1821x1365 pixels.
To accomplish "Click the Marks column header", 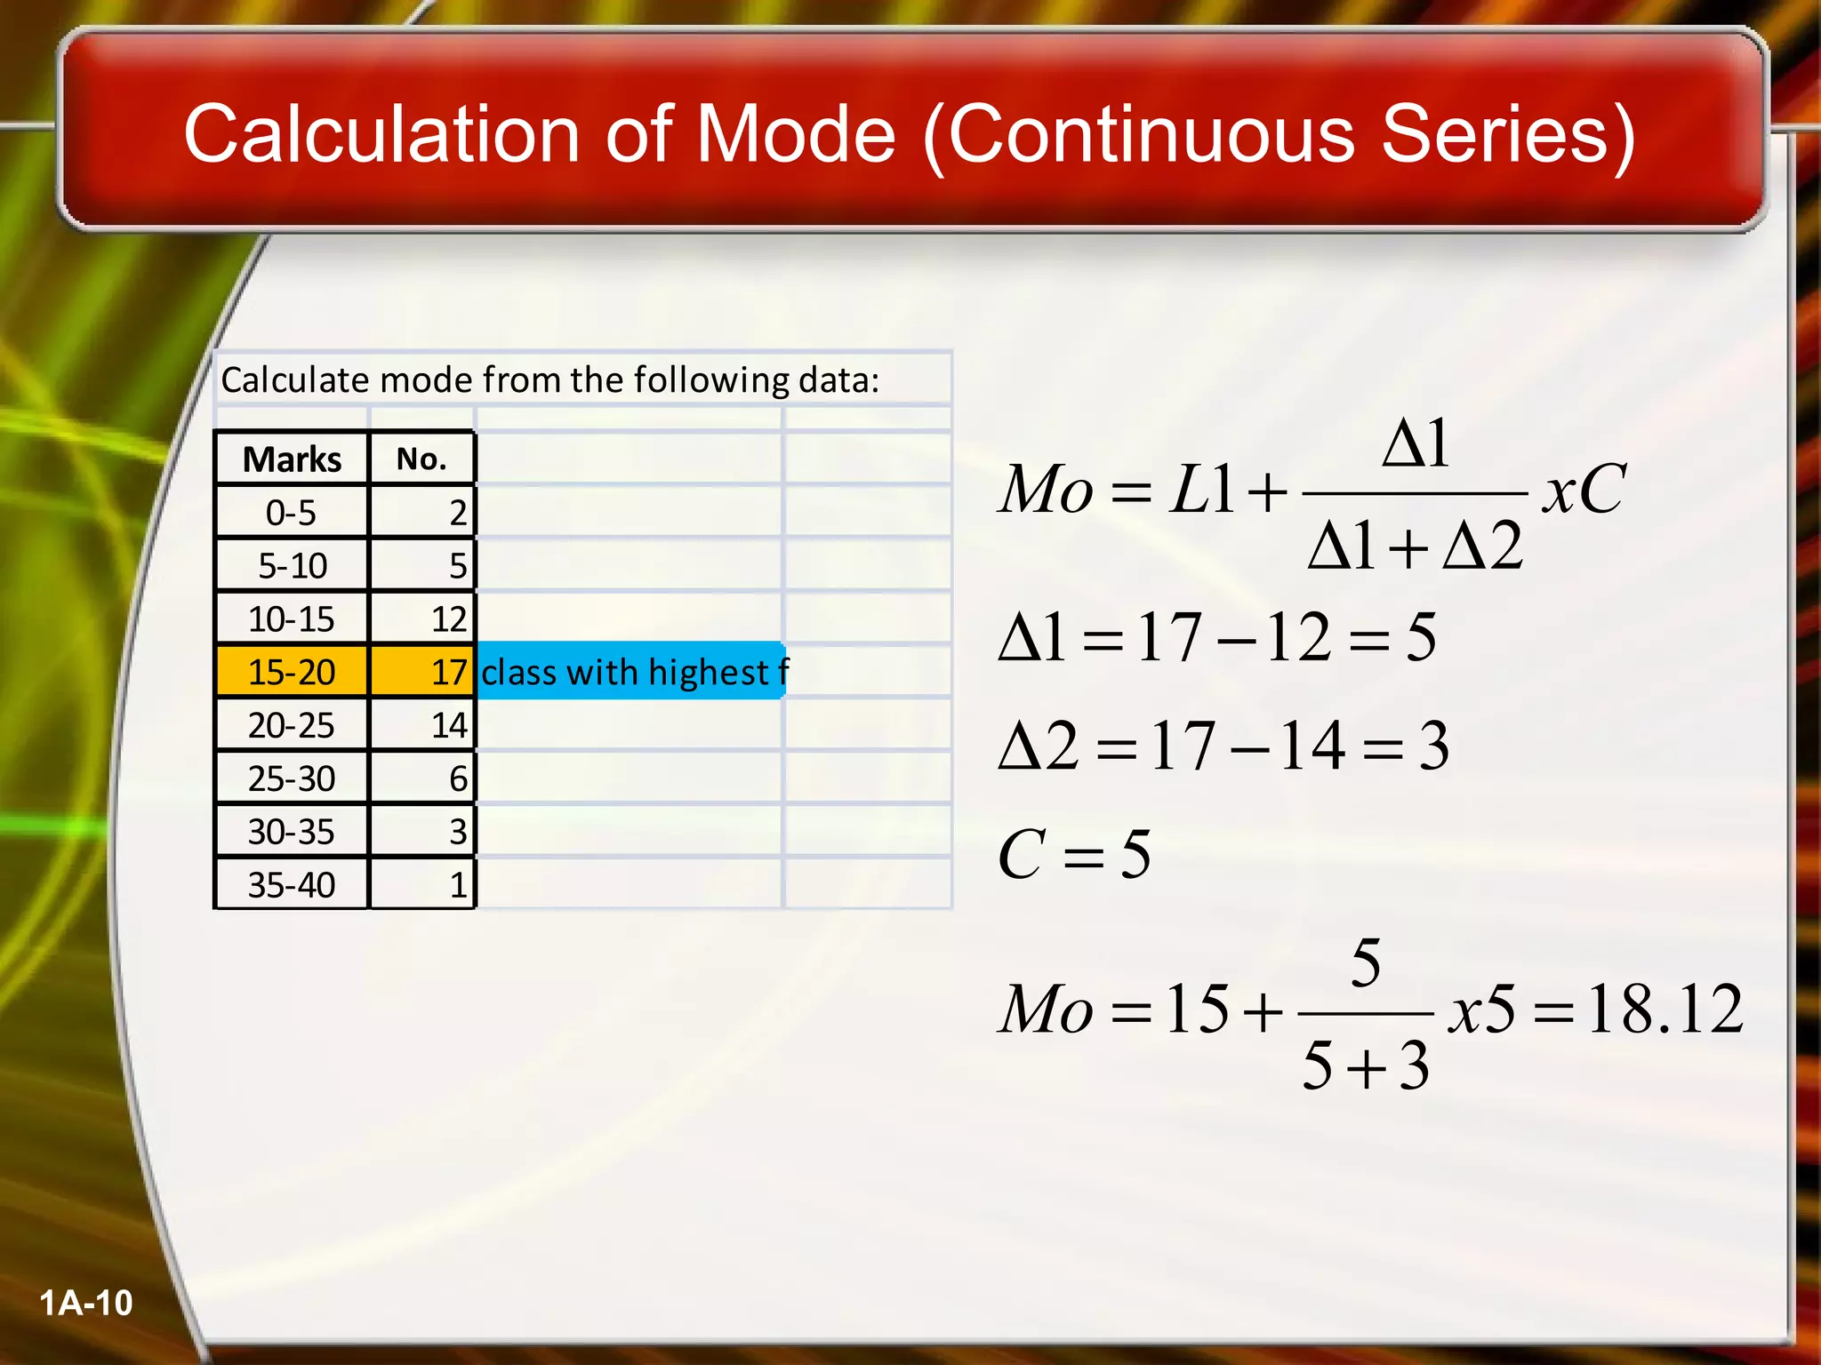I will [x=292, y=459].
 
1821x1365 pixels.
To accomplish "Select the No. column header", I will [x=421, y=459].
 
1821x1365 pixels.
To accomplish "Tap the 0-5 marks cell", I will [x=292, y=513].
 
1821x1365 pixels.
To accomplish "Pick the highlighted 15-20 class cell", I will [x=292, y=672].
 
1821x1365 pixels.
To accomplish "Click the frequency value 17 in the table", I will [x=449, y=672].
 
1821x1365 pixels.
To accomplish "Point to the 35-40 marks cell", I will [x=292, y=885].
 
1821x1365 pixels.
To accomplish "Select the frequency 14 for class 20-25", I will [x=449, y=725].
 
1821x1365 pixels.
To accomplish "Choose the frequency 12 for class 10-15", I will [x=449, y=619].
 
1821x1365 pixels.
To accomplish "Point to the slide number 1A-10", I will [x=86, y=1303].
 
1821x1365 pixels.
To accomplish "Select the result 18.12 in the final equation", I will [x=1665, y=1010].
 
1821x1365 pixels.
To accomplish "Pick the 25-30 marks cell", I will [x=292, y=778].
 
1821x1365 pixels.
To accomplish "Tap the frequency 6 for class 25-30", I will [x=458, y=778].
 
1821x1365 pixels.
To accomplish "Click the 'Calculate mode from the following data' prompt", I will [x=550, y=380].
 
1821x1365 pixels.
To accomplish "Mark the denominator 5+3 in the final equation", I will [x=1366, y=1065].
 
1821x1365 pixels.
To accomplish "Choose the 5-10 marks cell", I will [x=292, y=566].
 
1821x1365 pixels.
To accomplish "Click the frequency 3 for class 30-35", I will [x=458, y=832].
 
